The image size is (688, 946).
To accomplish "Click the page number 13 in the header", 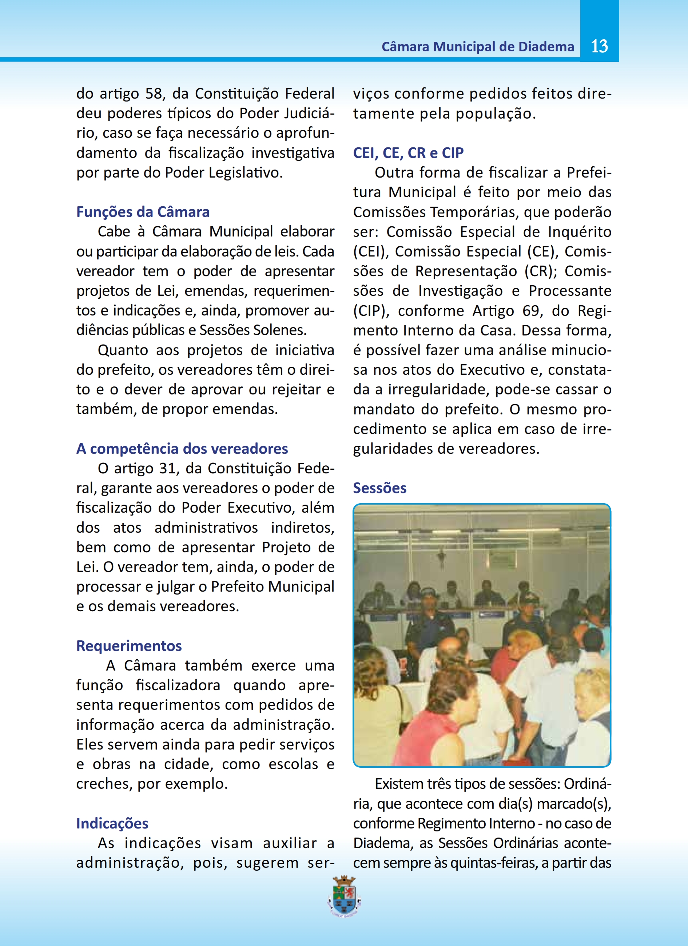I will [599, 46].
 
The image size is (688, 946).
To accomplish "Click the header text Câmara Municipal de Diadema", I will [477, 47].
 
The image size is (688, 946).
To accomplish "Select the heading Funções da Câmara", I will [143, 212].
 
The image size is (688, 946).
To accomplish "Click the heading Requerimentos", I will [129, 646].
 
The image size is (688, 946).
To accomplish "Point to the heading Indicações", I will [112, 823].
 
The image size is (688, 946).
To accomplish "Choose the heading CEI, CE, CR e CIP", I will [408, 153].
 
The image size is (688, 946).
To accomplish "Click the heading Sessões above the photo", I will [379, 488].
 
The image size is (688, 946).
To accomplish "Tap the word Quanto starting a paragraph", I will [123, 350].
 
